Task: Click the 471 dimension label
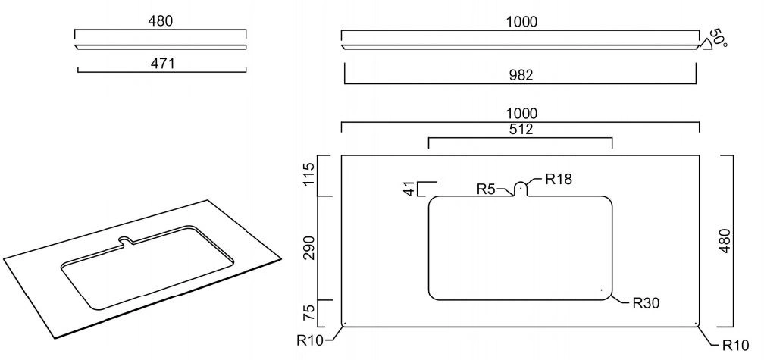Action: (x=162, y=64)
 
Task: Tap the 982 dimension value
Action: (x=521, y=74)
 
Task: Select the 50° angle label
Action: (x=719, y=38)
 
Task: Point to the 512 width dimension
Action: (x=521, y=129)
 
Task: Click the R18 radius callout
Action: (x=559, y=180)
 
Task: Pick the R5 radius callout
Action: (x=487, y=189)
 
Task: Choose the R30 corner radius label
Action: (x=646, y=303)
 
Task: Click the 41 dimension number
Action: (x=410, y=189)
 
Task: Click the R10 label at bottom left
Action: (x=310, y=340)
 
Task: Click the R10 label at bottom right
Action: (x=734, y=346)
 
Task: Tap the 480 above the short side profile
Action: (x=161, y=20)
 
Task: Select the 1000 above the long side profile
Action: (x=521, y=21)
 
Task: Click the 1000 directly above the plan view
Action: (x=521, y=114)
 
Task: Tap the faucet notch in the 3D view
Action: (x=126, y=242)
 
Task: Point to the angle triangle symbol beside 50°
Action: (x=705, y=44)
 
